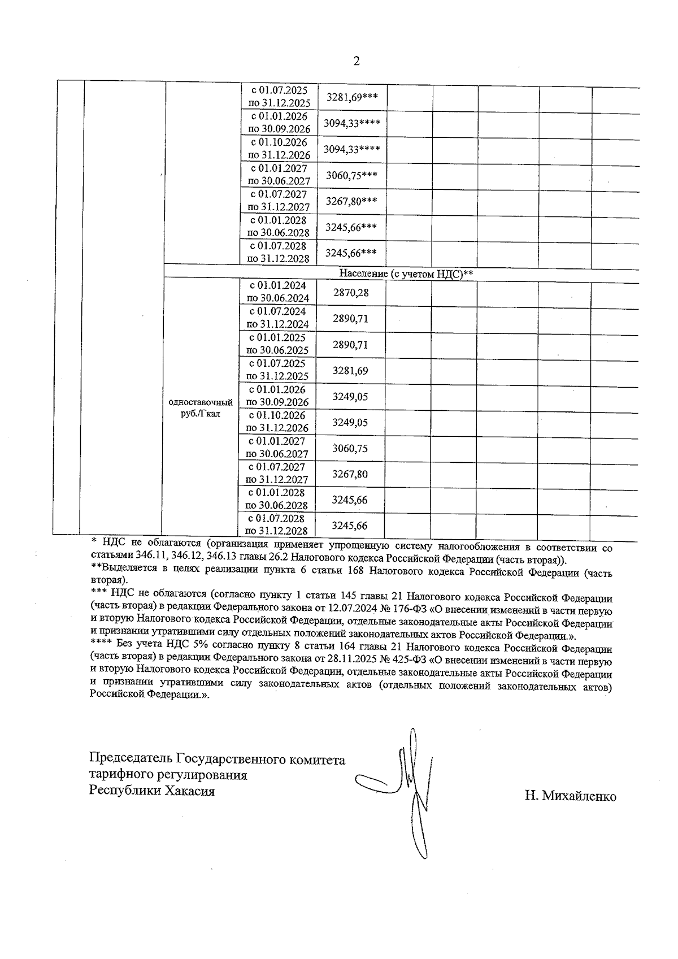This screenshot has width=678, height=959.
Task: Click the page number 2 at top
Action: (356, 61)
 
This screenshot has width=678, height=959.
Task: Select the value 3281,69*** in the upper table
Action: (352, 97)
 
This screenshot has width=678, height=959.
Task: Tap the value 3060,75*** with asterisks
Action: (352, 175)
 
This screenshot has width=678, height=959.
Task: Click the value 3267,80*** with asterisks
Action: (352, 201)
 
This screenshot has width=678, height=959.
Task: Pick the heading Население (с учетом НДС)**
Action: (406, 274)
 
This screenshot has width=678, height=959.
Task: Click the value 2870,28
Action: (350, 293)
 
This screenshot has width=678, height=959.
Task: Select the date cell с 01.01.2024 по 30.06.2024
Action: (277, 292)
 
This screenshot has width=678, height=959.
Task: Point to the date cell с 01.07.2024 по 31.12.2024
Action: (277, 318)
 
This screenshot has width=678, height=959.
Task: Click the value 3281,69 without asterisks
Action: (350, 371)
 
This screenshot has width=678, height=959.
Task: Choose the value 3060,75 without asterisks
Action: (350, 449)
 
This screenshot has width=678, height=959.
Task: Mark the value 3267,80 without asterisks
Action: (350, 474)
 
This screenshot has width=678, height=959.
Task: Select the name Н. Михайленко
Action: (570, 796)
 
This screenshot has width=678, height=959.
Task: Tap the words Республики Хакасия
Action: (152, 791)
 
